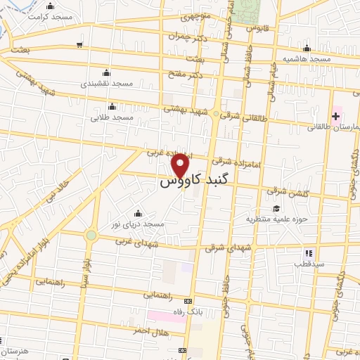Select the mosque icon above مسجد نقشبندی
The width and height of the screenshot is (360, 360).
[x=105, y=72]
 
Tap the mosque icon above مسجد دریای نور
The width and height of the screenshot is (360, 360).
[x=137, y=213]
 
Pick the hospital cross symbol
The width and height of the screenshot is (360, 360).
[x=335, y=115]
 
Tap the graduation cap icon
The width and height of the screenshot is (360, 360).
[x=276, y=208]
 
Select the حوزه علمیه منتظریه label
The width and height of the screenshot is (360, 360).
[x=268, y=219]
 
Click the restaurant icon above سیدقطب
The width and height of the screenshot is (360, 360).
[x=308, y=253]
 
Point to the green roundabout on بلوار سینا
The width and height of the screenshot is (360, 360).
[x=91, y=235]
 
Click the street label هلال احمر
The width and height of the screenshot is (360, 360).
[x=151, y=331]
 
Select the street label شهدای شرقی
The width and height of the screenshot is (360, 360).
[x=223, y=247]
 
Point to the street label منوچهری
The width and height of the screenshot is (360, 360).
[x=200, y=15]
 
